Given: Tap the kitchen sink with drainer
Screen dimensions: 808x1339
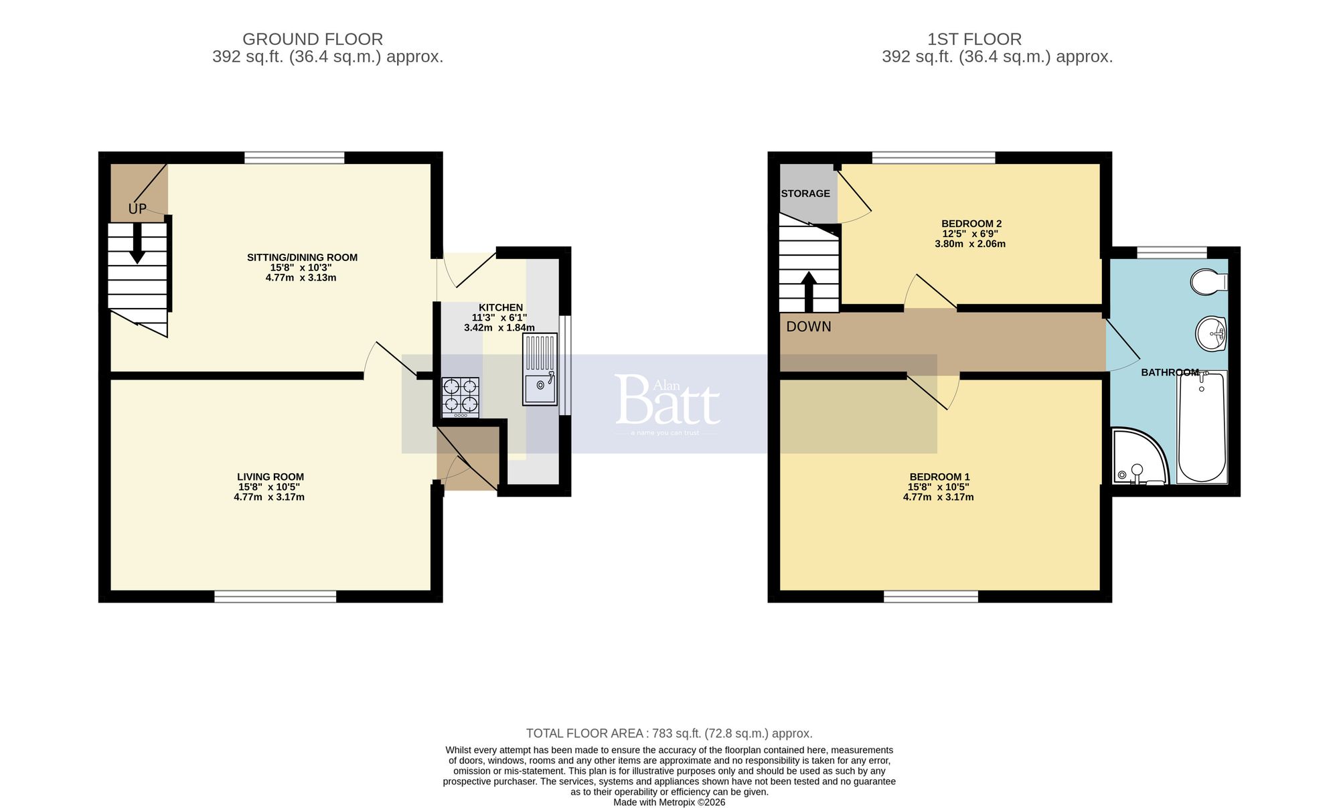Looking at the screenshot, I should pyautogui.click(x=540, y=370).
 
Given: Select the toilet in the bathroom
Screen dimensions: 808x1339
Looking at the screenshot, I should pyautogui.click(x=1208, y=282).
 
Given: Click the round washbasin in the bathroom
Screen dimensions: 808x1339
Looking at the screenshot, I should pyautogui.click(x=1210, y=333).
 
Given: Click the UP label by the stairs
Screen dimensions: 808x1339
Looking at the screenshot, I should pyautogui.click(x=137, y=209).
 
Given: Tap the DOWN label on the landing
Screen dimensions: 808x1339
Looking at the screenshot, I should pyautogui.click(x=809, y=327).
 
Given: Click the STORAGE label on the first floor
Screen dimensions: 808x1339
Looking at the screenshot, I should pyautogui.click(x=805, y=193).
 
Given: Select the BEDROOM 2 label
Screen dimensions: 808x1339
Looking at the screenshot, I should pyautogui.click(x=971, y=224).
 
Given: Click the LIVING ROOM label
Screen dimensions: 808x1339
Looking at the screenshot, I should pyautogui.click(x=270, y=477).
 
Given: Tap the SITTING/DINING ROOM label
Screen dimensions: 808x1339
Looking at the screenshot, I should pyautogui.click(x=302, y=257).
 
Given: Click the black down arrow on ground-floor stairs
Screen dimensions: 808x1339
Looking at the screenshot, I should pyautogui.click(x=137, y=242).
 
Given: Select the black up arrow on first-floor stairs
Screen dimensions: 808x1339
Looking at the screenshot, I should pyautogui.click(x=809, y=291).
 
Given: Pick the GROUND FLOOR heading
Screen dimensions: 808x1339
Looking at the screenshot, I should pyautogui.click(x=313, y=39).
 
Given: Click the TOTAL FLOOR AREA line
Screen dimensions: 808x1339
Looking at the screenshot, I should pyautogui.click(x=669, y=733).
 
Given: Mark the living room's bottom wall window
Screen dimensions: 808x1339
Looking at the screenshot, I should pyautogui.click(x=275, y=596).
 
